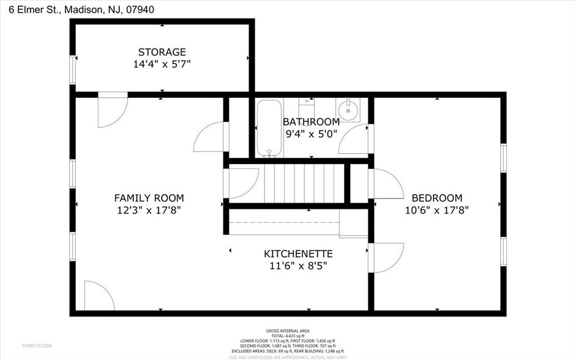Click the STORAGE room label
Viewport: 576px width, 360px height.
point(162,52)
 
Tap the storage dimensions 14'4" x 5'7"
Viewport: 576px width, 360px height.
point(162,64)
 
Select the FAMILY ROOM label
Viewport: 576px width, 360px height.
point(149,198)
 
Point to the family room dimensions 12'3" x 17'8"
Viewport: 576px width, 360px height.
point(149,210)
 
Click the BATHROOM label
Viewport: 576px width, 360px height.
point(310,121)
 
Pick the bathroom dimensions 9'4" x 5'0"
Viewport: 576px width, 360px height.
point(310,133)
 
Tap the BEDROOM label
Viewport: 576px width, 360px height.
point(436,198)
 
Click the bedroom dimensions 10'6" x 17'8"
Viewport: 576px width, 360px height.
point(436,210)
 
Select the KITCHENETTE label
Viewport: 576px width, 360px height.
point(298,253)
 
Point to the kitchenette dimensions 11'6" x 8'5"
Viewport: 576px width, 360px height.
point(298,266)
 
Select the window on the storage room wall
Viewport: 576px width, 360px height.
point(73,69)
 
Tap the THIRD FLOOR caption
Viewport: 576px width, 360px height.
point(36,346)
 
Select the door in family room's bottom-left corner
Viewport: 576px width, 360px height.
point(98,296)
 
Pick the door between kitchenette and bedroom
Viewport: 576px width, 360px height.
point(386,258)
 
